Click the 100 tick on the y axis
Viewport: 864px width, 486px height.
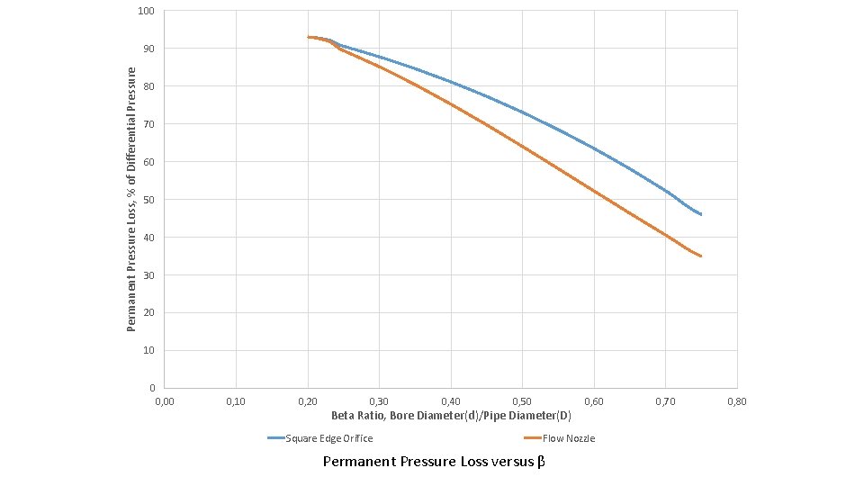click(x=147, y=11)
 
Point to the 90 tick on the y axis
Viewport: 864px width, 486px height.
click(x=148, y=49)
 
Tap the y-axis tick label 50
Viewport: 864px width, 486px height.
click(x=148, y=199)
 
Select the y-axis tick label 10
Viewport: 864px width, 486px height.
click(x=148, y=350)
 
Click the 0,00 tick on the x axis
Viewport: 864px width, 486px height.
click(x=164, y=400)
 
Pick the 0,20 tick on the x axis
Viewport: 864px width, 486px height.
click(x=308, y=400)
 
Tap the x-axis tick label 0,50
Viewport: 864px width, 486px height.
click(x=522, y=400)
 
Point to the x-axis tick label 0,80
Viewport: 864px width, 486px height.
click(x=736, y=400)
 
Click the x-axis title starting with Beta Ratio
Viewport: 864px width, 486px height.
click(x=451, y=416)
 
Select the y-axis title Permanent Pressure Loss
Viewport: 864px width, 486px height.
click(x=131, y=199)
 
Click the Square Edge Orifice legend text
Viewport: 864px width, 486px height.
click(x=328, y=438)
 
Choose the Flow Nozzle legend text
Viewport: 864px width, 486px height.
click(x=568, y=438)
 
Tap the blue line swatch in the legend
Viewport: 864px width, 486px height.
click(x=275, y=438)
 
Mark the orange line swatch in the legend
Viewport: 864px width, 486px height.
click(x=532, y=438)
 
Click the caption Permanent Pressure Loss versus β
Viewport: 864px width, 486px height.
click(x=434, y=462)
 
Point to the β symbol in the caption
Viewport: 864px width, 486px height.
click(x=541, y=462)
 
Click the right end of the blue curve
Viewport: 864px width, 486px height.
click(x=700, y=214)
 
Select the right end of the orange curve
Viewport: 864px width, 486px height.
click(x=700, y=256)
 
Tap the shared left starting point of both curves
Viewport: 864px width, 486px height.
click(x=308, y=37)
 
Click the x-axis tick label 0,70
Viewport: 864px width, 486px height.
click(x=665, y=400)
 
